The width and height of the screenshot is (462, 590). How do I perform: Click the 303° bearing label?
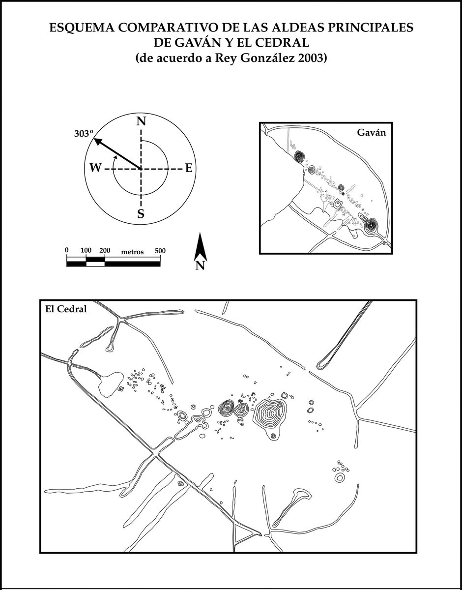click(84, 134)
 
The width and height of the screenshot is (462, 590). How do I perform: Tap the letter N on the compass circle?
click(141, 121)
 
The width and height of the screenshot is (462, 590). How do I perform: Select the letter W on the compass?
click(95, 168)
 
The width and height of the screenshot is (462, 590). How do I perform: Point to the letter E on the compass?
click(189, 168)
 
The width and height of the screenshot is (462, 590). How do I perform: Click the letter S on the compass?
click(141, 214)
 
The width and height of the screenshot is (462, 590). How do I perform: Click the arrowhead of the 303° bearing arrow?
click(97, 141)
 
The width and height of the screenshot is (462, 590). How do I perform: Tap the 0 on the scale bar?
click(67, 250)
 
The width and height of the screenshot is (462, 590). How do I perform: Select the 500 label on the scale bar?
click(160, 250)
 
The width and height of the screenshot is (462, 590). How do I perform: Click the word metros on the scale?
click(132, 252)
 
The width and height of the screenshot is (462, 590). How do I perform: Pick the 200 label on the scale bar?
click(105, 250)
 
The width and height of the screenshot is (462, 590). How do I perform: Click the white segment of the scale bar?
click(95, 264)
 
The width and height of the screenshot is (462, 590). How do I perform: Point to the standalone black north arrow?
click(200, 247)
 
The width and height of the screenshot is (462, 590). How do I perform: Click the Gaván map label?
click(371, 132)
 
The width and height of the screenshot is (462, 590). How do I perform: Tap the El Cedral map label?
click(66, 309)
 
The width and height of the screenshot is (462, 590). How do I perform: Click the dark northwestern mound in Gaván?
click(300, 156)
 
